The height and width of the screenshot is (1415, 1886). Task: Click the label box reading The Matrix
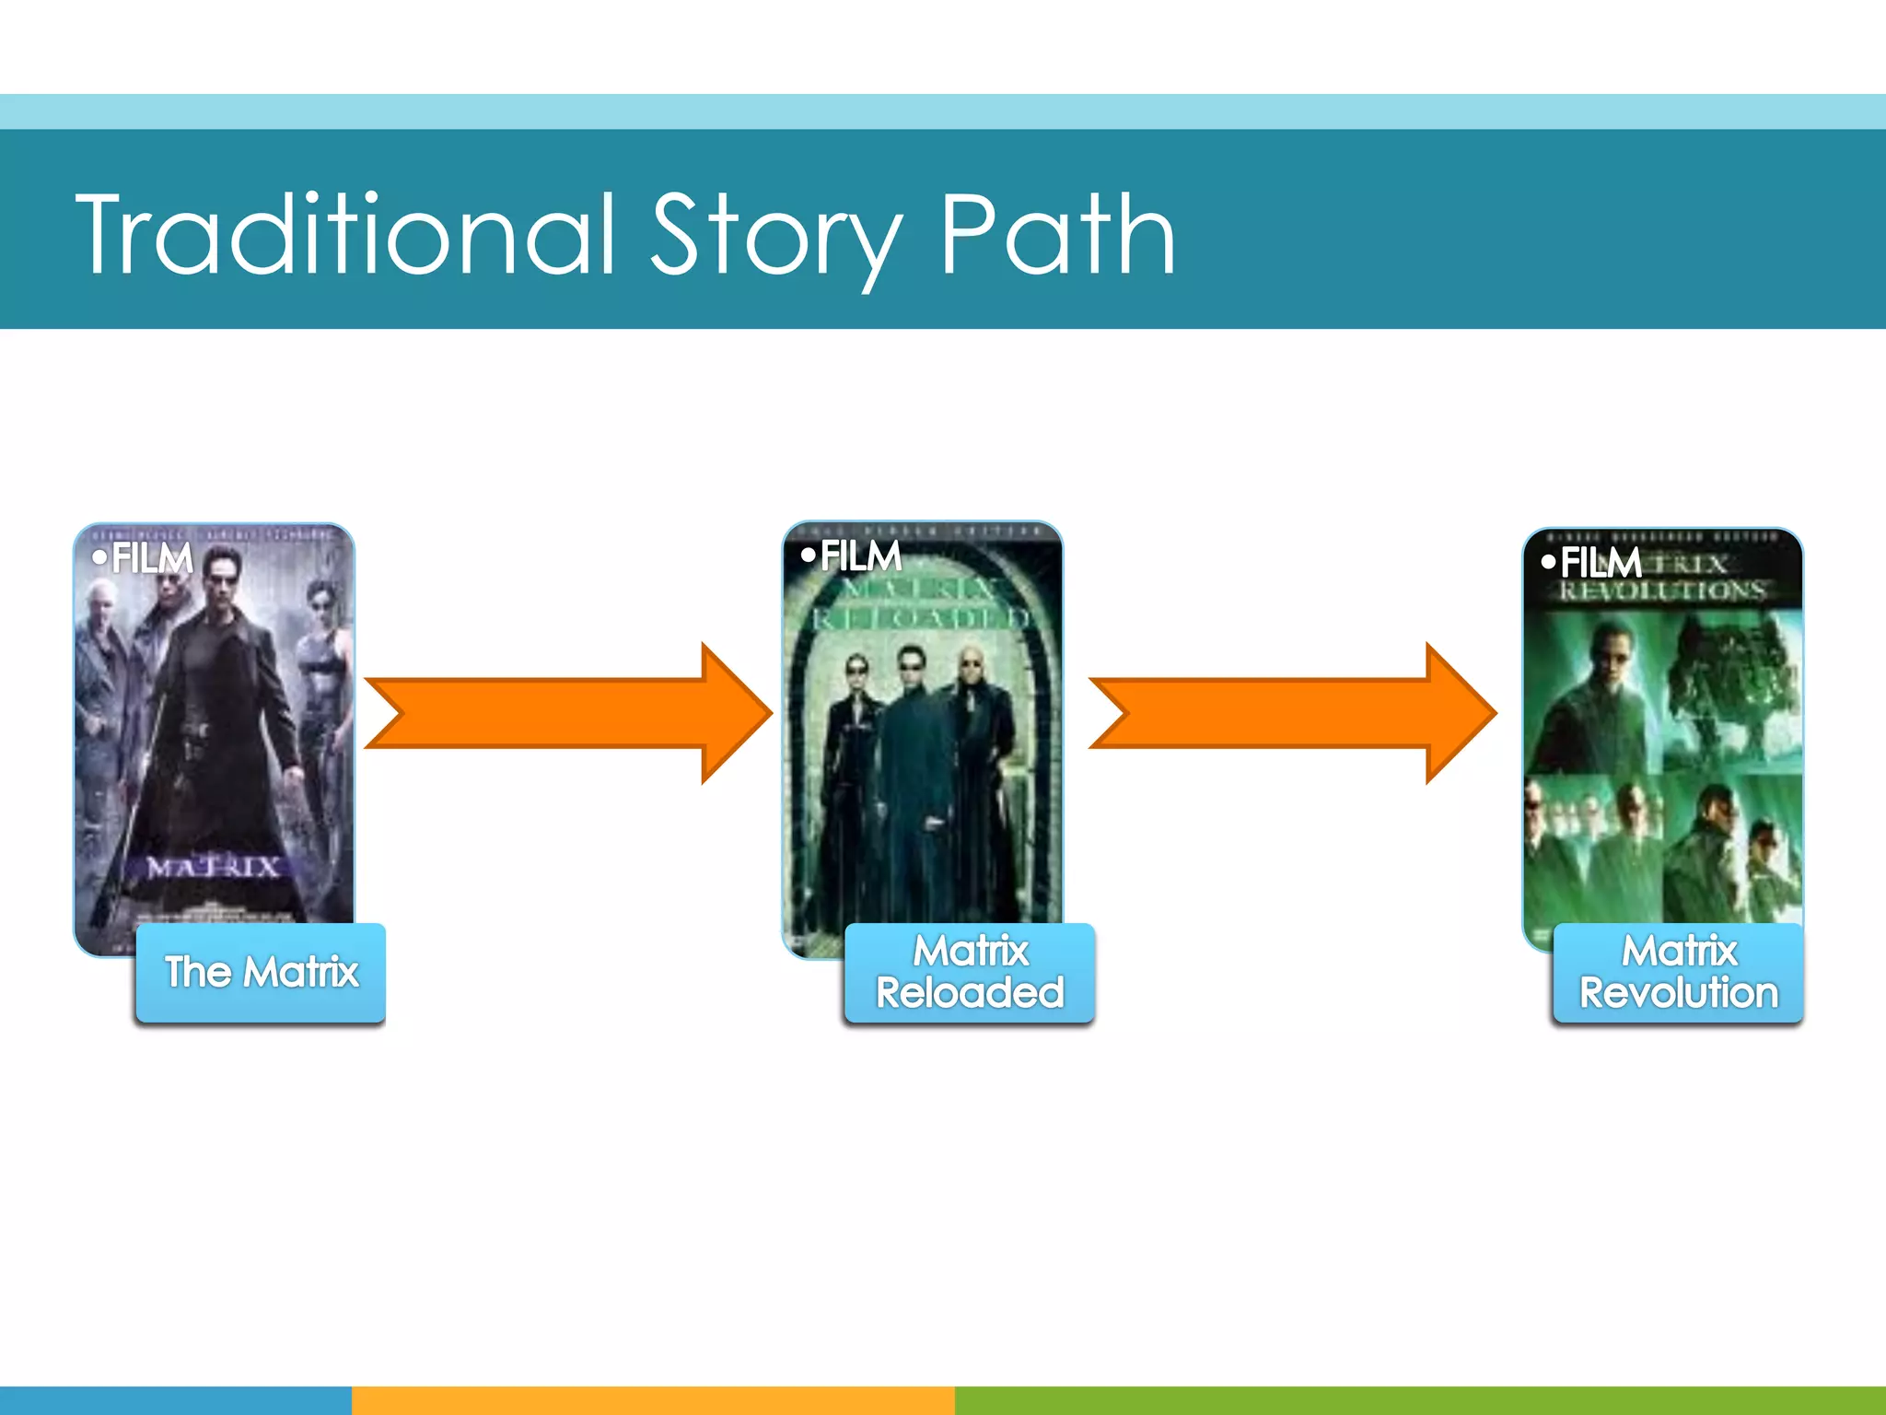261,973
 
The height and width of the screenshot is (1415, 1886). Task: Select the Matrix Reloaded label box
970,973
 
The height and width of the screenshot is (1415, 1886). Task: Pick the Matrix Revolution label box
1678,973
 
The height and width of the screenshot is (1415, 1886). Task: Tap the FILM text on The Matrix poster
152,558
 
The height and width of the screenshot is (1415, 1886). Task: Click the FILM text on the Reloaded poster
860,556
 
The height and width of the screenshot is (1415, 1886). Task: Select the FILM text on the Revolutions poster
1601,562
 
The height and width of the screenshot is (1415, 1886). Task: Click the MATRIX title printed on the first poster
214,867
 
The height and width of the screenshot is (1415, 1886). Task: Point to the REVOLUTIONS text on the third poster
1662,591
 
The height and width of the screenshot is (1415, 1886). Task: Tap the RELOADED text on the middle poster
921,618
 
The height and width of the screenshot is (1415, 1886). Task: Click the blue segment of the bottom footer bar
175,1400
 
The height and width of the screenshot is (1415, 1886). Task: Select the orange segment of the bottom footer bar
653,1400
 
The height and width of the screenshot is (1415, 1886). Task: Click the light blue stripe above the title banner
943,111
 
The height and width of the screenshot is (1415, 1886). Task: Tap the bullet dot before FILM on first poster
99,557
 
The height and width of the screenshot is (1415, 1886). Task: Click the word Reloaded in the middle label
970,993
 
